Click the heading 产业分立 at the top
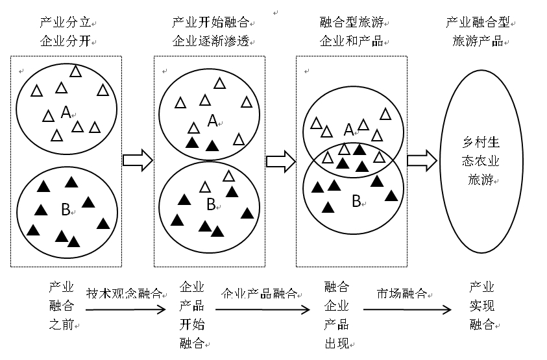point(65,23)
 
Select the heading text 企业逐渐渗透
point(211,42)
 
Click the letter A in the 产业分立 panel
point(66,113)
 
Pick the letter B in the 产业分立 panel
point(65,209)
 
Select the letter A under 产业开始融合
point(212,121)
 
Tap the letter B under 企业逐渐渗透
point(210,204)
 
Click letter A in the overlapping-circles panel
point(348,130)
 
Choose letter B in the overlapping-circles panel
point(356,201)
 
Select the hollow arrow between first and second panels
point(137,160)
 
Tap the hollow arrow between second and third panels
point(280,160)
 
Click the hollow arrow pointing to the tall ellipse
point(422,160)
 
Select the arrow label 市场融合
point(401,293)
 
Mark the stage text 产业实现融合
point(481,306)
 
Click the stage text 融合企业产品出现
point(336,315)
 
